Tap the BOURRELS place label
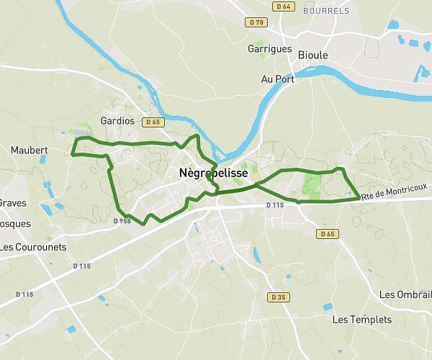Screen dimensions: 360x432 pyautogui.click(x=326, y=11)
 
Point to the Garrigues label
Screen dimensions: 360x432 pyautogui.click(x=270, y=49)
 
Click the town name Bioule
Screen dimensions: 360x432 pyautogui.click(x=312, y=55)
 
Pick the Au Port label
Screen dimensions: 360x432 pyautogui.click(x=277, y=79)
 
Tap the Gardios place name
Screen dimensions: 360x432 pyautogui.click(x=118, y=121)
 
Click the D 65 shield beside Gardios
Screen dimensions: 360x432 pyautogui.click(x=152, y=122)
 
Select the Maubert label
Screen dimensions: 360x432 pyautogui.click(x=30, y=150)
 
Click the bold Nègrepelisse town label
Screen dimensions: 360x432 pyautogui.click(x=213, y=174)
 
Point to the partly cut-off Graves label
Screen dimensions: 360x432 pyautogui.click(x=12, y=203)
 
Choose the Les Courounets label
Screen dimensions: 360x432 pyautogui.click(x=33, y=247)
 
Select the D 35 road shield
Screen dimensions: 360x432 pyautogui.click(x=279, y=297)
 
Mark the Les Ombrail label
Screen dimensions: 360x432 pyautogui.click(x=405, y=294)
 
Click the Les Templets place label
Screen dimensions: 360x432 pyautogui.click(x=362, y=320)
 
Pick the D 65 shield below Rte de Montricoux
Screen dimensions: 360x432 pyautogui.click(x=328, y=234)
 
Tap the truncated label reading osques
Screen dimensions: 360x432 pyautogui.click(x=15, y=224)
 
